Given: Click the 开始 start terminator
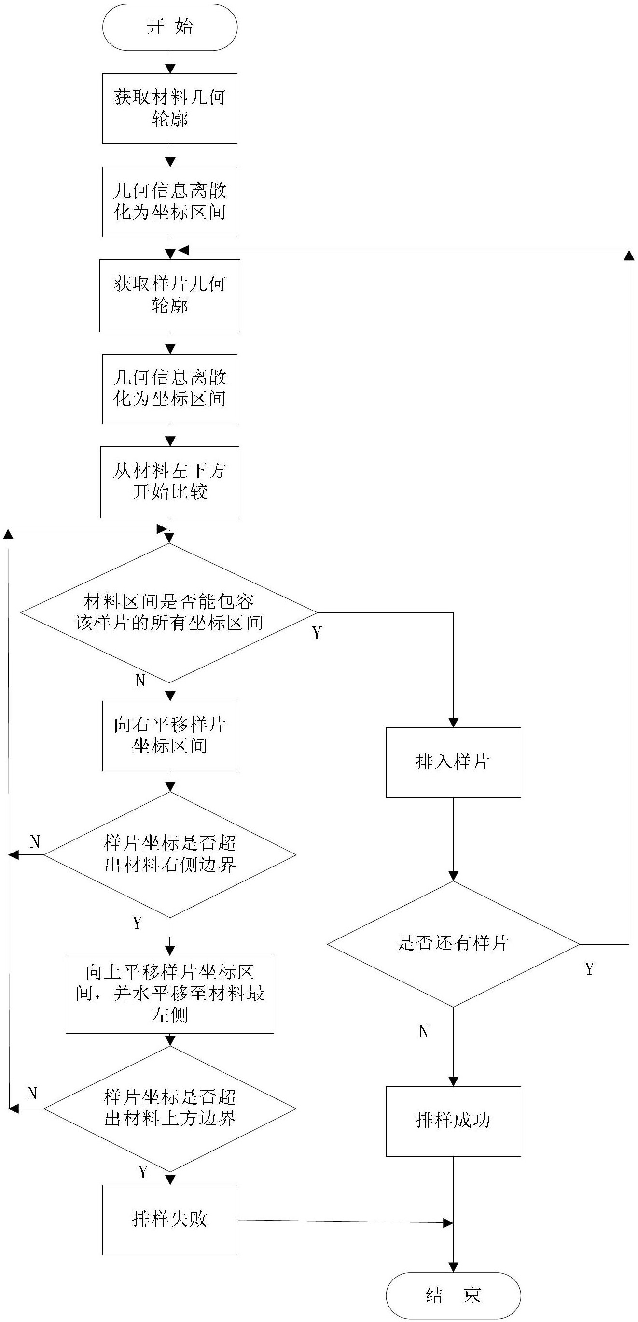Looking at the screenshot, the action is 170,27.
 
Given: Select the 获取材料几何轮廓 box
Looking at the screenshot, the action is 170,108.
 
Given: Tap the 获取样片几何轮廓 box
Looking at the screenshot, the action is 170,296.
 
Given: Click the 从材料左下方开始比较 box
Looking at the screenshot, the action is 170,482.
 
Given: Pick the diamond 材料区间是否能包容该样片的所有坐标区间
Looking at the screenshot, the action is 169,613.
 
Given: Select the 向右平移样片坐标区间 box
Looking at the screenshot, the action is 170,736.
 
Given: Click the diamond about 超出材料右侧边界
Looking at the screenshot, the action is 170,854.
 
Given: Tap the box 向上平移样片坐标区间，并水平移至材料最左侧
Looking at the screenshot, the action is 170,994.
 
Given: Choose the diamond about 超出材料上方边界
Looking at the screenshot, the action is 170,1109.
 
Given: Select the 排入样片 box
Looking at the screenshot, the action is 453,763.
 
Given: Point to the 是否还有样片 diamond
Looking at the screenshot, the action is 453,944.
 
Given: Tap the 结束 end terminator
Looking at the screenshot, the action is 453,1295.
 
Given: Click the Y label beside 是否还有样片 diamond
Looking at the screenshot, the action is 589,969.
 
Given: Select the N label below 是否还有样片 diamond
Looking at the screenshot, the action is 424,1032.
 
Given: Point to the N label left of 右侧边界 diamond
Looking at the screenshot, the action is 35,841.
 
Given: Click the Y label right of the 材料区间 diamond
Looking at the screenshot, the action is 317,633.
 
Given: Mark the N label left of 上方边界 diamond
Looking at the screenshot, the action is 32,1094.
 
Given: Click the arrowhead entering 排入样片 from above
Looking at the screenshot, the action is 453,723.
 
